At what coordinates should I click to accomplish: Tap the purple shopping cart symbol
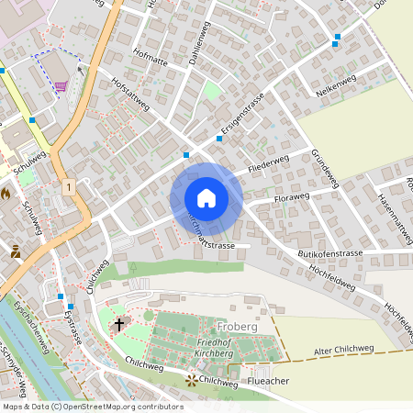[x=61, y=87]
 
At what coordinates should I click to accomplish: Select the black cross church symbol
[x=118, y=324]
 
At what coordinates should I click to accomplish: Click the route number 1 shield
[x=68, y=186]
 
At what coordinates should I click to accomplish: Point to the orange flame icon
[x=7, y=194]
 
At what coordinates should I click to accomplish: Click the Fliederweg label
[x=268, y=167]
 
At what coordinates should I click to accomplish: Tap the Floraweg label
[x=294, y=196]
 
